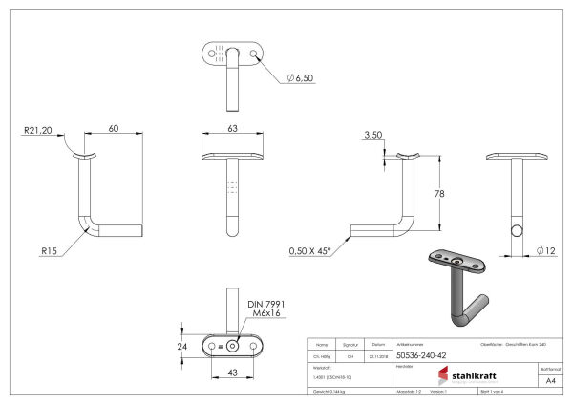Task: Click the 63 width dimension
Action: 233,127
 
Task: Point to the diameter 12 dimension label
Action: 545,251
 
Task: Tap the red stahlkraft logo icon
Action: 443,374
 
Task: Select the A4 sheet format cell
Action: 551,379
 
